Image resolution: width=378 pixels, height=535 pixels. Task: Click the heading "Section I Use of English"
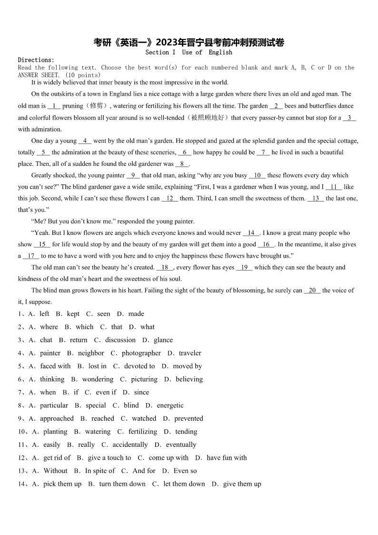[189, 52]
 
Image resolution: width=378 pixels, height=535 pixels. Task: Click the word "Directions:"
[36, 60]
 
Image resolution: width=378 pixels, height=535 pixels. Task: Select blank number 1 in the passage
[54, 106]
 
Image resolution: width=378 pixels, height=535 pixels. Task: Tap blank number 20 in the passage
[312, 291]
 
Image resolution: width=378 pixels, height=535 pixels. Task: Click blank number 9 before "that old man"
[133, 175]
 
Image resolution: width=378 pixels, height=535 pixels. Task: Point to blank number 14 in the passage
[251, 233]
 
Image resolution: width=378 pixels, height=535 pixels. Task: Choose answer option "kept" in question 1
[73, 314]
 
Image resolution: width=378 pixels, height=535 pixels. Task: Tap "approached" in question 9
[57, 419]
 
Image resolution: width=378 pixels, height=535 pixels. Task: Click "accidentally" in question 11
[130, 445]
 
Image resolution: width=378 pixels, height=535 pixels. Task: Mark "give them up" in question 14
[242, 484]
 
